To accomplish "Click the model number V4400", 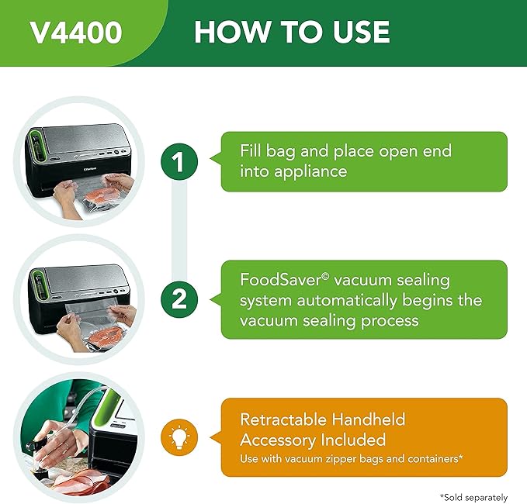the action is point(76,33).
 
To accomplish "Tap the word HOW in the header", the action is point(232,32).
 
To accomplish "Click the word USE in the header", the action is point(362,32).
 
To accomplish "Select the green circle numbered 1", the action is point(179,161).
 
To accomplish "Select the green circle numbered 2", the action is point(179,299).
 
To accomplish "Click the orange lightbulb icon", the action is point(179,437).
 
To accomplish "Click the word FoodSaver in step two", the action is point(285,280).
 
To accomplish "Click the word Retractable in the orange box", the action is point(283,419).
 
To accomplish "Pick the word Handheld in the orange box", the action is point(369,419).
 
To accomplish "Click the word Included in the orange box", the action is point(353,440).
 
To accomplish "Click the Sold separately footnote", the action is point(473,497).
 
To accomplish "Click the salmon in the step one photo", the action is point(102,195).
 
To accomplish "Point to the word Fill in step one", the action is point(250,150).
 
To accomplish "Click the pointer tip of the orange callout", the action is point(210,437).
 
